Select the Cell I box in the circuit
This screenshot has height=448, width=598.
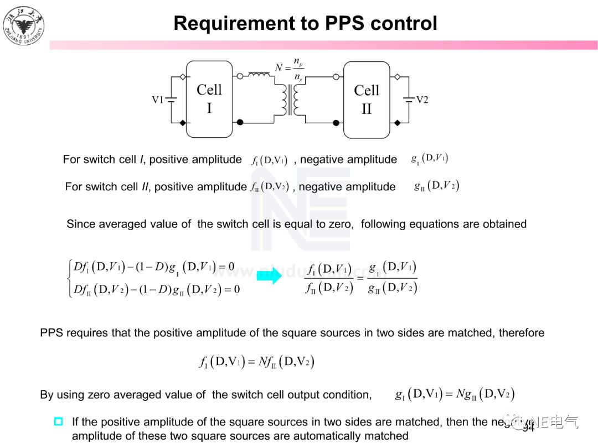(x=209, y=99)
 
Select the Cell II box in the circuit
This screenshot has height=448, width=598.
(x=367, y=100)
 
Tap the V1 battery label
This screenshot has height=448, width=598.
(x=158, y=100)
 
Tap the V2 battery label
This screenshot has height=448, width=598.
(x=422, y=100)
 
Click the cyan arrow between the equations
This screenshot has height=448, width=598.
(x=269, y=277)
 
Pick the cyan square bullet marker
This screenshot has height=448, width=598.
(x=58, y=421)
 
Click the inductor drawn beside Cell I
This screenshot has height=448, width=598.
(x=259, y=75)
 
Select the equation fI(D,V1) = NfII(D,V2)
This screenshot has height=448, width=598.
(x=257, y=362)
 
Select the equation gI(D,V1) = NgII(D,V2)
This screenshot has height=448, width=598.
(x=455, y=394)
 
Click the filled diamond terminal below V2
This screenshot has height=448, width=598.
(x=396, y=122)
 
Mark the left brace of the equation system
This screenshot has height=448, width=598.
(x=69, y=278)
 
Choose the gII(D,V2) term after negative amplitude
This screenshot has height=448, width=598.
(x=436, y=186)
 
